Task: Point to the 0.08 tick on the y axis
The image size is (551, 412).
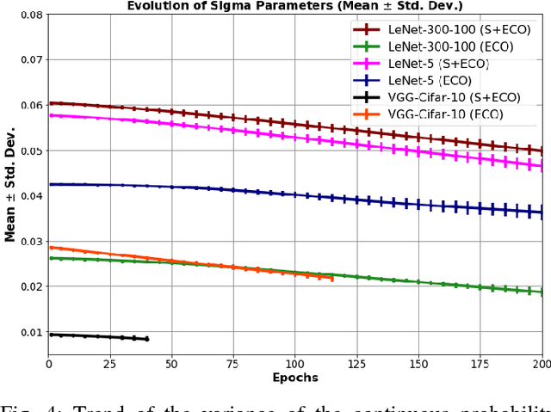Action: (28, 15)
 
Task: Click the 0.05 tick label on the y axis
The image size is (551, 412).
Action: (28, 151)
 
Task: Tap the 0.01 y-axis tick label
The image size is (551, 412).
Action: (28, 332)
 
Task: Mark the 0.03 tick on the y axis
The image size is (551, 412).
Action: (28, 242)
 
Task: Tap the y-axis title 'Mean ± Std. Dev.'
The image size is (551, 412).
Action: (9, 184)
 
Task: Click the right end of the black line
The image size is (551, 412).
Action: (147, 339)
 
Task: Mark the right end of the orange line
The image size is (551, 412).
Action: (332, 278)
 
